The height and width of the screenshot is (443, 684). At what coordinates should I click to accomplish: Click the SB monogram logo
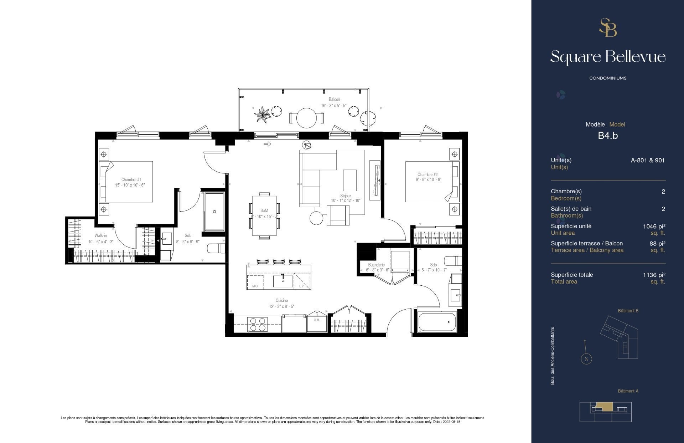click(x=608, y=28)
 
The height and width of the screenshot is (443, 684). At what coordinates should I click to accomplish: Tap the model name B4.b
click(x=608, y=136)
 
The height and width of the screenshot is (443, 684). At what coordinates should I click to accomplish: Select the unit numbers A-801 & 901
click(x=647, y=161)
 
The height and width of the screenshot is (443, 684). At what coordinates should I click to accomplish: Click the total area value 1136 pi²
click(x=654, y=275)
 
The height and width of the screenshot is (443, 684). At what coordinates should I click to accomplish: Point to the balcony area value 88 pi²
click(x=657, y=244)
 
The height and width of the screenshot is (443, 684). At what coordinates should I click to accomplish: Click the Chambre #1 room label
click(x=131, y=180)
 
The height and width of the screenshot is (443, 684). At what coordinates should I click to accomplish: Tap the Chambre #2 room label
click(x=427, y=175)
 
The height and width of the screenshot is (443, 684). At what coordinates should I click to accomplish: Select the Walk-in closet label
click(x=100, y=236)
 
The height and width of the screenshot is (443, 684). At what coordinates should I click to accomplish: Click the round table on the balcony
click(x=306, y=118)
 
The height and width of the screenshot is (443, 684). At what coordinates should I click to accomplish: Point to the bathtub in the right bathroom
click(x=437, y=322)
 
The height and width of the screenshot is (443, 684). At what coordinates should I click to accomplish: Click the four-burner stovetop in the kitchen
click(x=258, y=324)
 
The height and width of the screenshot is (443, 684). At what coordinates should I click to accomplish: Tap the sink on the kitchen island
click(x=283, y=281)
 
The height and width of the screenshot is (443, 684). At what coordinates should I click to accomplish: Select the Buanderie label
click(x=376, y=265)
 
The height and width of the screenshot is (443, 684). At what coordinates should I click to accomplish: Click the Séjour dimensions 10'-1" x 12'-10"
click(x=346, y=201)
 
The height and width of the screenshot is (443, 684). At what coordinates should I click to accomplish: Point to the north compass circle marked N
click(x=586, y=359)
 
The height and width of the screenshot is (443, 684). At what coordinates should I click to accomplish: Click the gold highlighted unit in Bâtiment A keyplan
click(x=605, y=406)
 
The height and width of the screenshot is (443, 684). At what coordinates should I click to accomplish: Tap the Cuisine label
click(x=281, y=301)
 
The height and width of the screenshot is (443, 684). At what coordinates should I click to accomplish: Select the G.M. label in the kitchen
click(x=317, y=320)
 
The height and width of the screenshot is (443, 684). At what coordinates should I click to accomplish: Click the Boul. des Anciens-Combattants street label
click(x=553, y=356)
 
